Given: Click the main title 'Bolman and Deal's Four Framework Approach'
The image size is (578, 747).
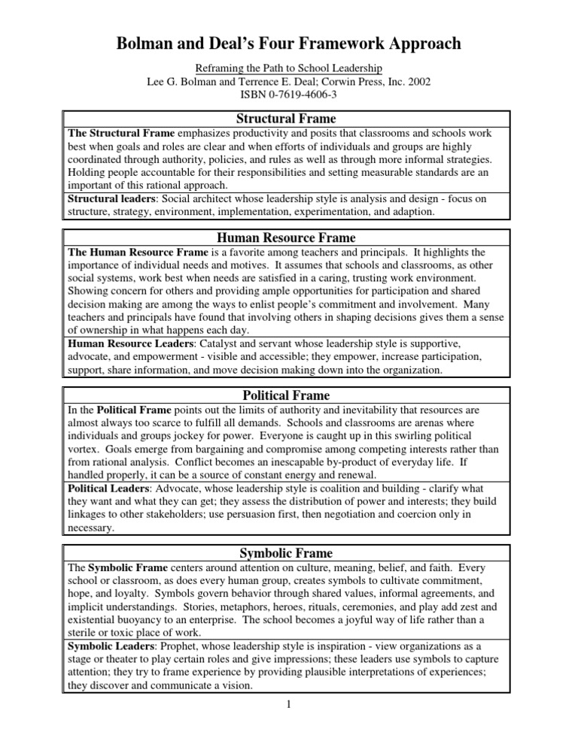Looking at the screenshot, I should [x=288, y=44].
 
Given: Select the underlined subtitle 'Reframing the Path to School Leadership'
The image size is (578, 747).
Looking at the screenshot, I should [x=288, y=67].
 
